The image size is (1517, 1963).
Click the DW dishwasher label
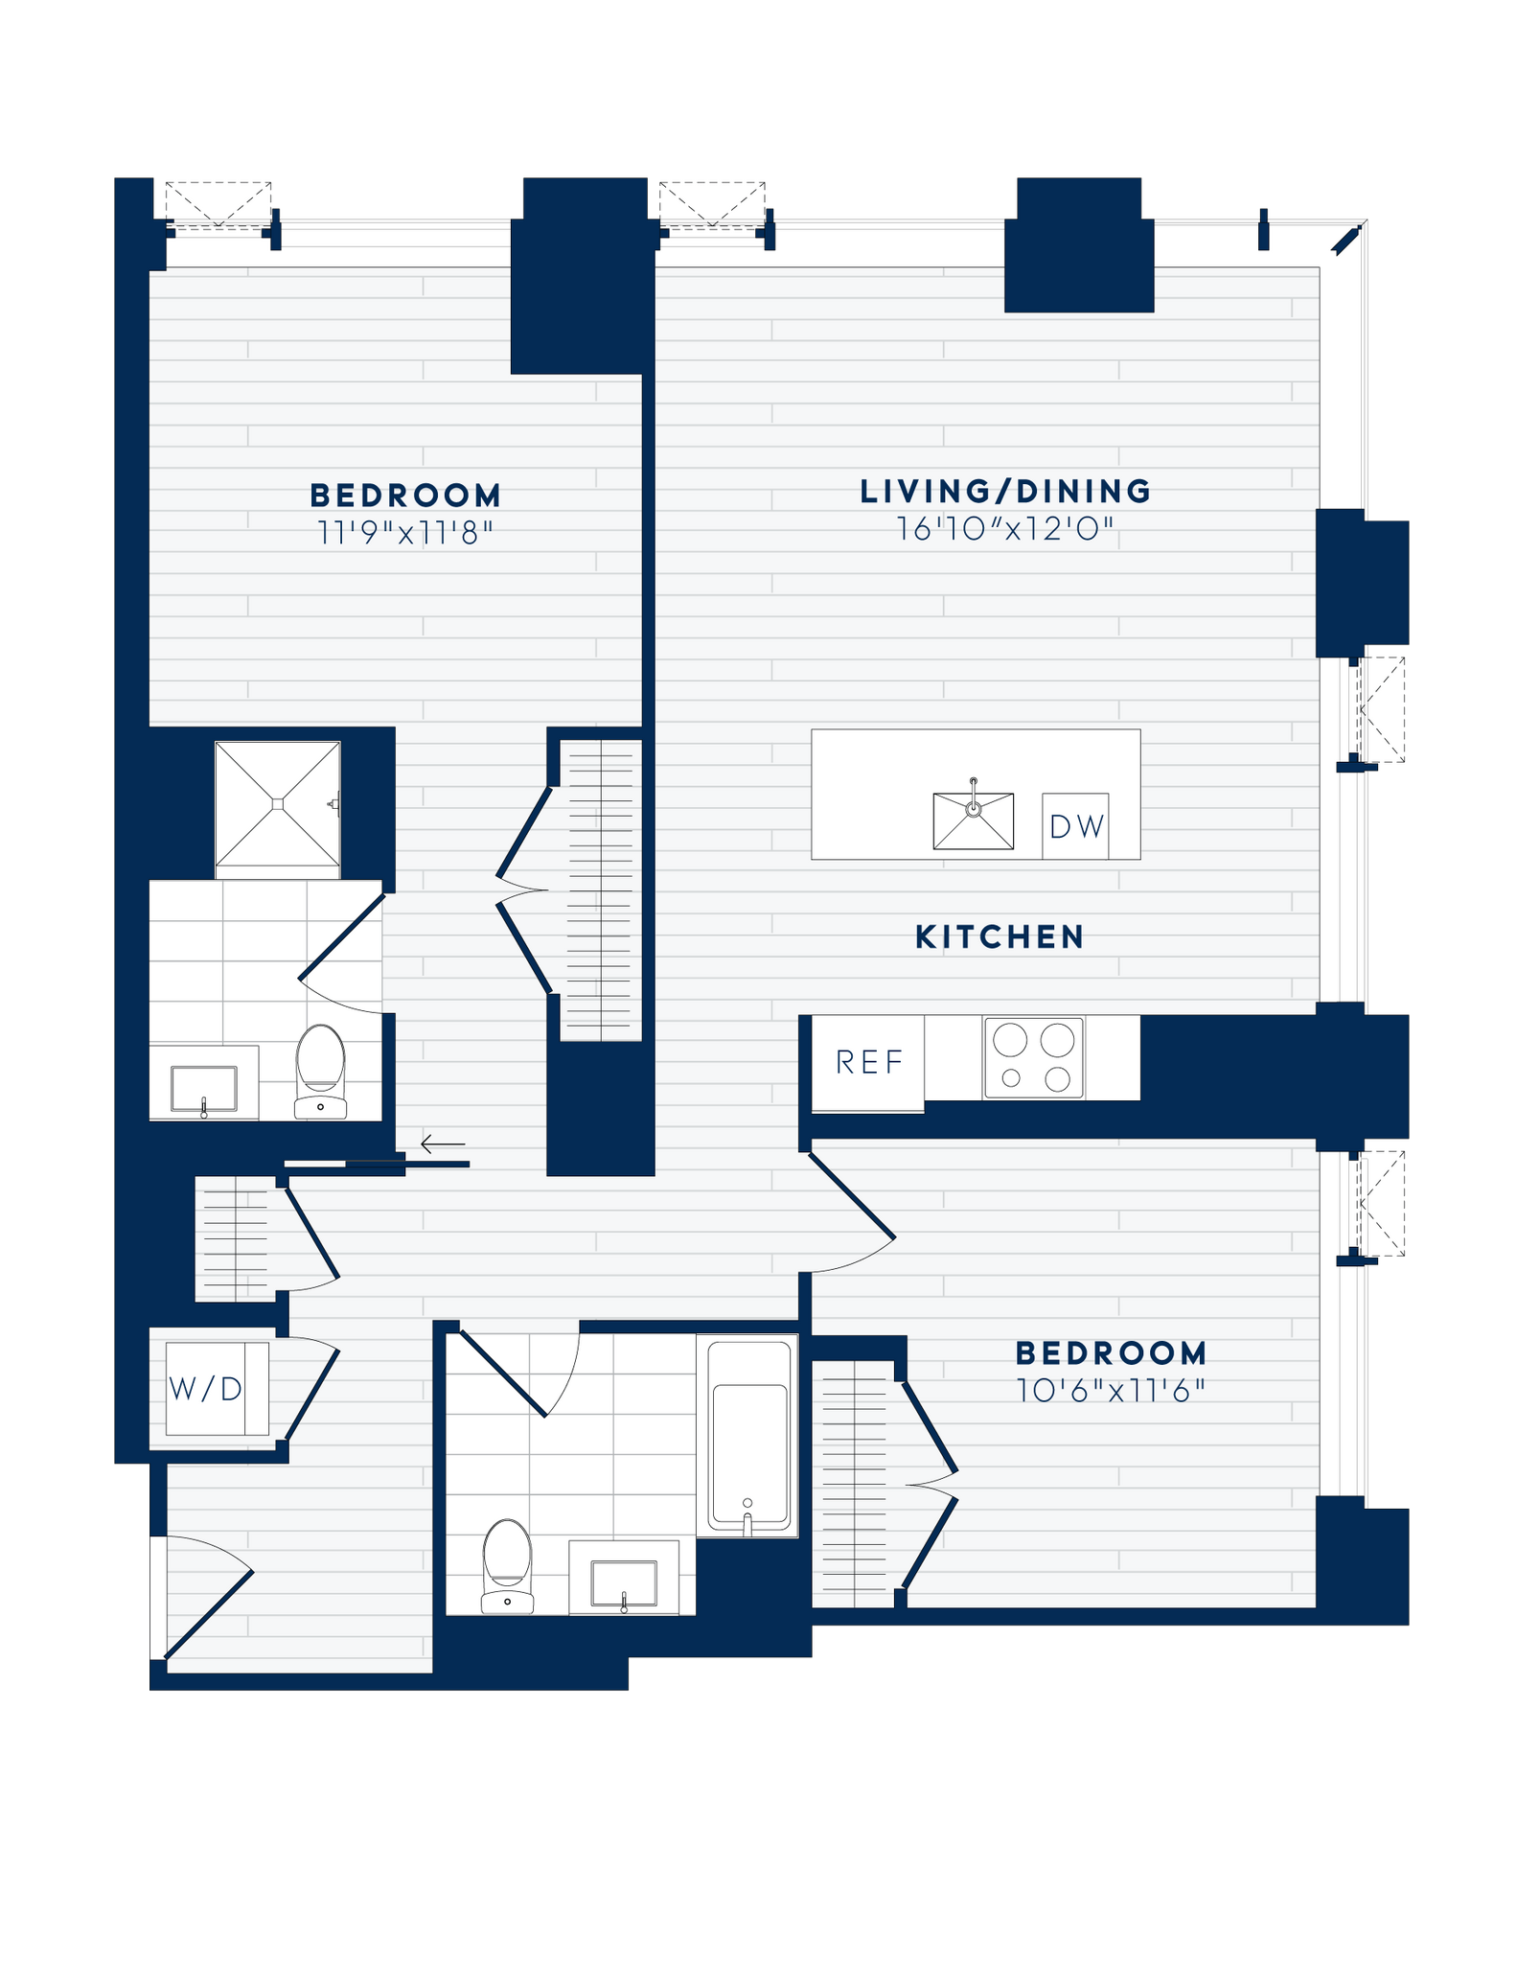1076,826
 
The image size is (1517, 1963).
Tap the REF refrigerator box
868,1062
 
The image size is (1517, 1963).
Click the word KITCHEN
999,937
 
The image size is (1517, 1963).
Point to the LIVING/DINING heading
1005,492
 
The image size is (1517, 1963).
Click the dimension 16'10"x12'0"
1006,529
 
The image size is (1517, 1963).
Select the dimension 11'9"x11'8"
404,533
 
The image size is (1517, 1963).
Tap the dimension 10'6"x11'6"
1111,1391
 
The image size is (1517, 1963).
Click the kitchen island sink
973,820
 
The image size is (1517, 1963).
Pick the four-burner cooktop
1033,1058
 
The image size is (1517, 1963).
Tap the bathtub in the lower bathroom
748,1436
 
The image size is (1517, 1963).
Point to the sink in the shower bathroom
203,1089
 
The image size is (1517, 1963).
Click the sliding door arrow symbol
443,1143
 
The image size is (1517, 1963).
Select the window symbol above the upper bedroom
218,204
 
